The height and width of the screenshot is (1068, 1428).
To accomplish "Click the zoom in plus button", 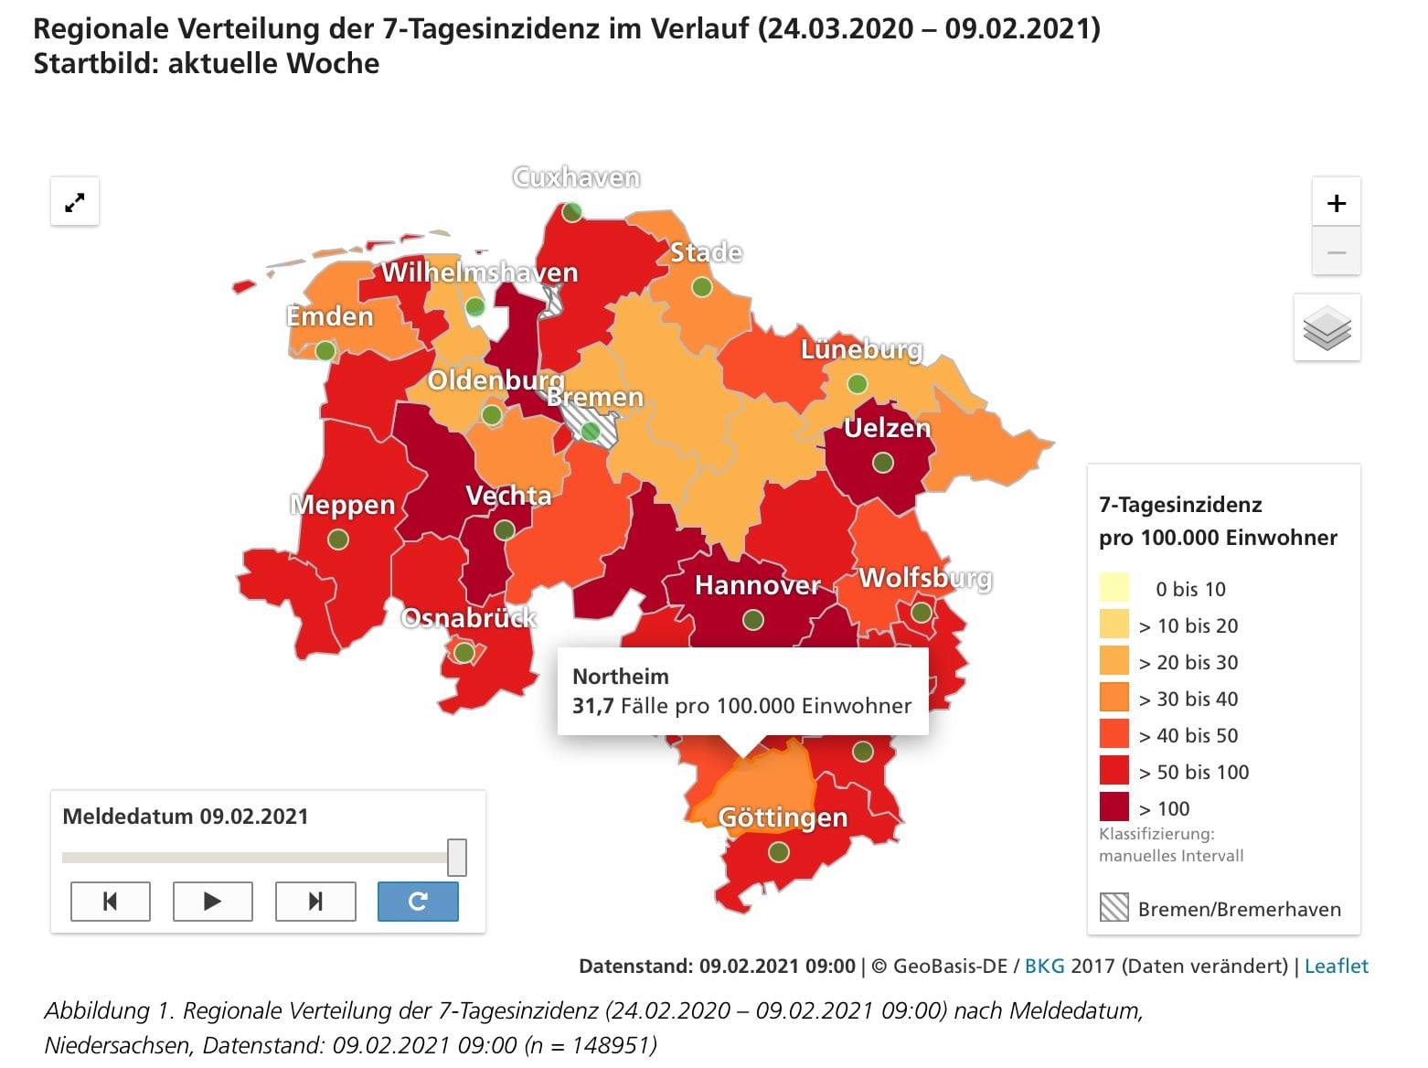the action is click(x=1336, y=202).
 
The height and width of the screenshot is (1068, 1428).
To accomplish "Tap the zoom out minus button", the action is click(x=1336, y=251).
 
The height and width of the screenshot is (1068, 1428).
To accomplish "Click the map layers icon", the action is click(x=1327, y=327).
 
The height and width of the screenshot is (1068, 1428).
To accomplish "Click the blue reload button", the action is click(x=418, y=901).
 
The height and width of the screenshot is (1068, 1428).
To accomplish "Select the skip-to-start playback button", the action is click(x=110, y=901).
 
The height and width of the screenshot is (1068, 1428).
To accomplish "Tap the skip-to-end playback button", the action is click(x=315, y=901).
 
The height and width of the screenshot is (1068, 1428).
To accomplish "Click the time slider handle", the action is click(x=457, y=857).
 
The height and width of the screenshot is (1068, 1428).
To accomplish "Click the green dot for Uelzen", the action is click(x=883, y=463).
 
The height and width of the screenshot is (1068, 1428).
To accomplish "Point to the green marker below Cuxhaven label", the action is click(x=571, y=211).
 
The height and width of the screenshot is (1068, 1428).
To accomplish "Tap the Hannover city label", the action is click(x=757, y=584).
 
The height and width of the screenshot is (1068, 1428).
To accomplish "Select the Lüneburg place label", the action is click(x=861, y=349).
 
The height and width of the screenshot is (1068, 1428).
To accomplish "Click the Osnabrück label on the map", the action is click(x=468, y=617).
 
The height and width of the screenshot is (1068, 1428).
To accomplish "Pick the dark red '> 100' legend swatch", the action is click(x=1114, y=807).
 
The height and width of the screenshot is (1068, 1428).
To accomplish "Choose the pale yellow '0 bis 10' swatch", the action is click(x=1114, y=587).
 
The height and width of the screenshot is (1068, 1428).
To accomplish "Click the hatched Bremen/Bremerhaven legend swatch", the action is click(x=1114, y=907).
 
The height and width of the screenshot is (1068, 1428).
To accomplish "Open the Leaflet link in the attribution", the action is click(x=1337, y=966).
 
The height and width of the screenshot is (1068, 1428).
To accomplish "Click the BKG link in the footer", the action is click(x=1045, y=966).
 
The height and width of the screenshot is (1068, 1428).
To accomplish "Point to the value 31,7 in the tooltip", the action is click(x=592, y=706).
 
